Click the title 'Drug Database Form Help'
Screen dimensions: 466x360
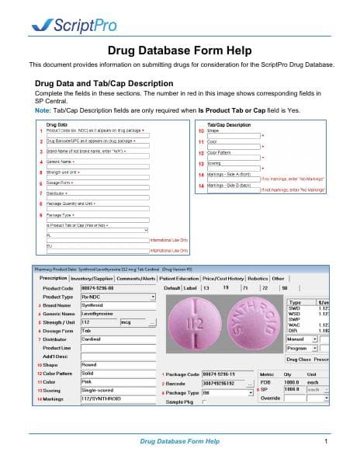179,50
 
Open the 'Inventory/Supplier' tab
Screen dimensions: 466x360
92,278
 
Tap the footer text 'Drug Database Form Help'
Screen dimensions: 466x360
179,441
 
